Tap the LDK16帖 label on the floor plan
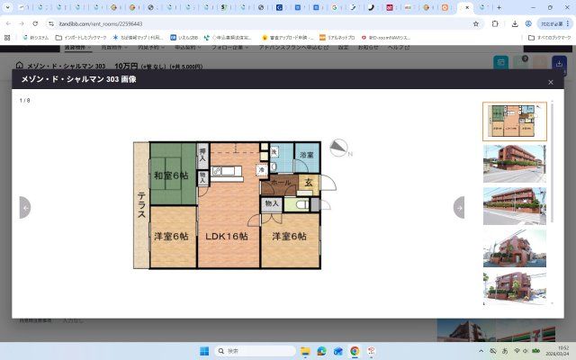point(227,237)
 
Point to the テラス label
point(141,203)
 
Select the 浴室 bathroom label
point(307,156)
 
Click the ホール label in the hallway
point(281,183)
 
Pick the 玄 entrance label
point(308,183)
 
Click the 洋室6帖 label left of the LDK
point(171,237)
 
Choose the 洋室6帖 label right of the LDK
point(283,237)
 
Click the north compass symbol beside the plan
point(339,148)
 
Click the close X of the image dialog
point(551,82)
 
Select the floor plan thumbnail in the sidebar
point(514,121)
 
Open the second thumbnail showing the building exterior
point(514,163)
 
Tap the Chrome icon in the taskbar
point(355,350)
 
